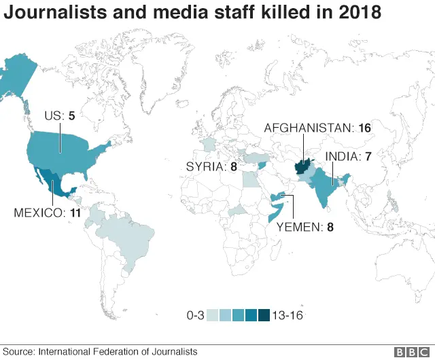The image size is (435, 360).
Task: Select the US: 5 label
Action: tap(58, 115)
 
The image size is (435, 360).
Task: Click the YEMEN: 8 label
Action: tap(305, 228)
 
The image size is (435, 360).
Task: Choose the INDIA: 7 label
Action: tap(347, 156)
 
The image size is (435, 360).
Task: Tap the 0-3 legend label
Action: tap(195, 315)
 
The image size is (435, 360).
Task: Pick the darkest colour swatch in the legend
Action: tap(263, 315)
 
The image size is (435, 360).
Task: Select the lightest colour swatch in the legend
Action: tap(213, 315)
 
